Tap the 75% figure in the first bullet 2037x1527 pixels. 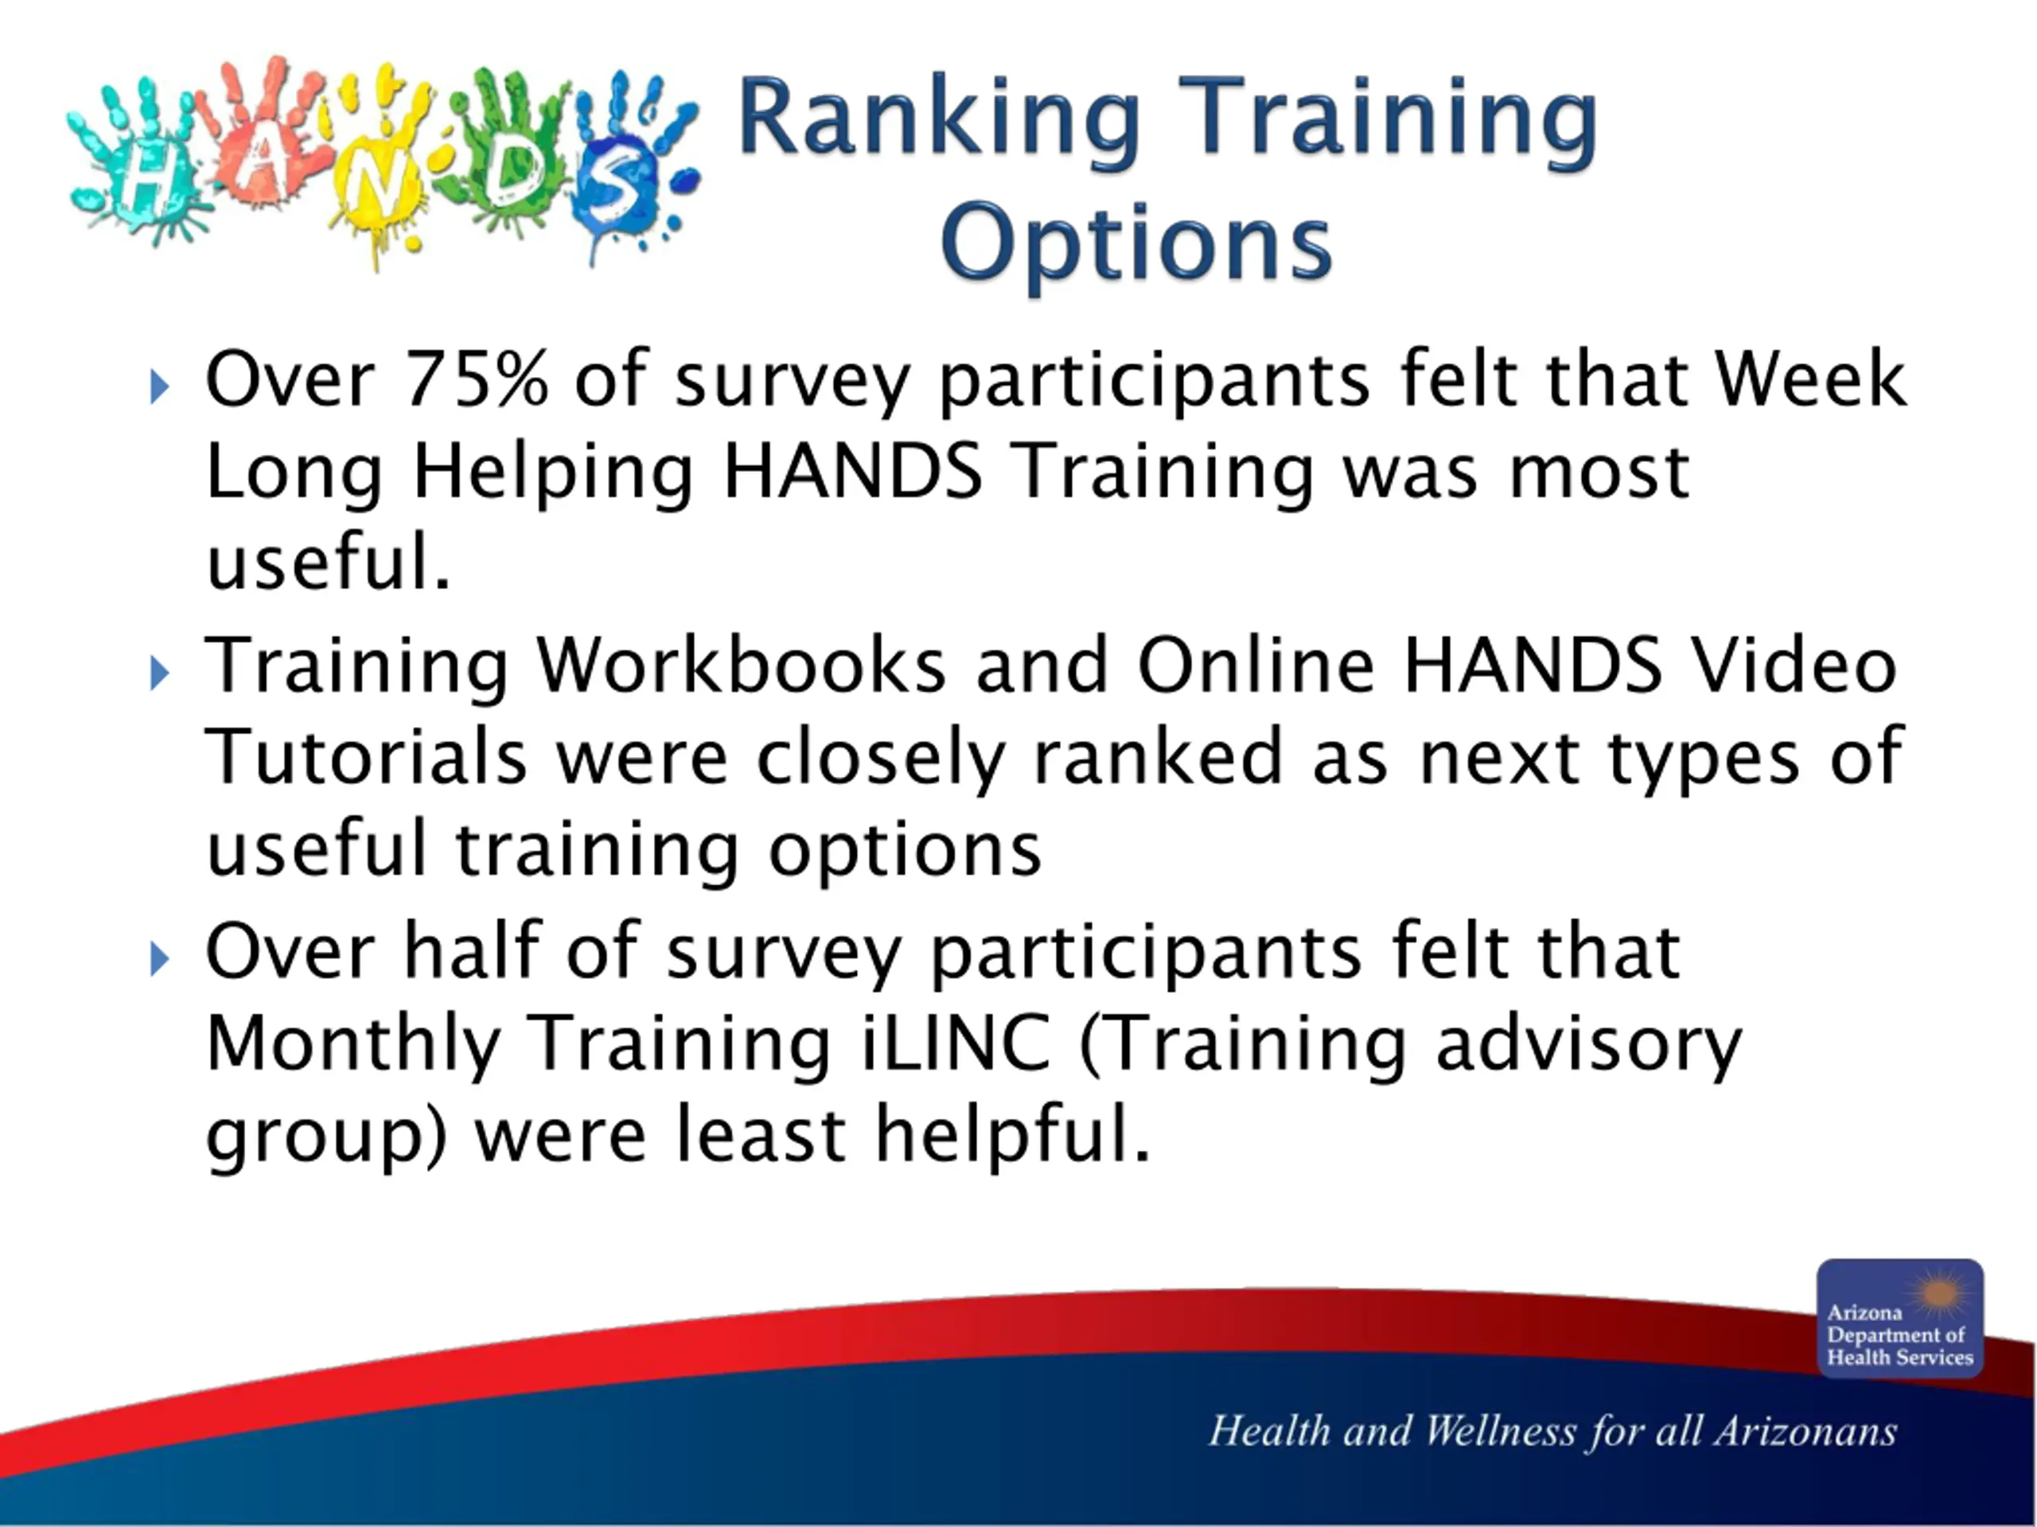tap(476, 379)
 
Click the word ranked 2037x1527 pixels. tap(1158, 756)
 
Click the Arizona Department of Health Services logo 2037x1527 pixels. tap(1900, 1318)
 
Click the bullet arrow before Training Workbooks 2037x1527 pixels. tap(159, 673)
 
